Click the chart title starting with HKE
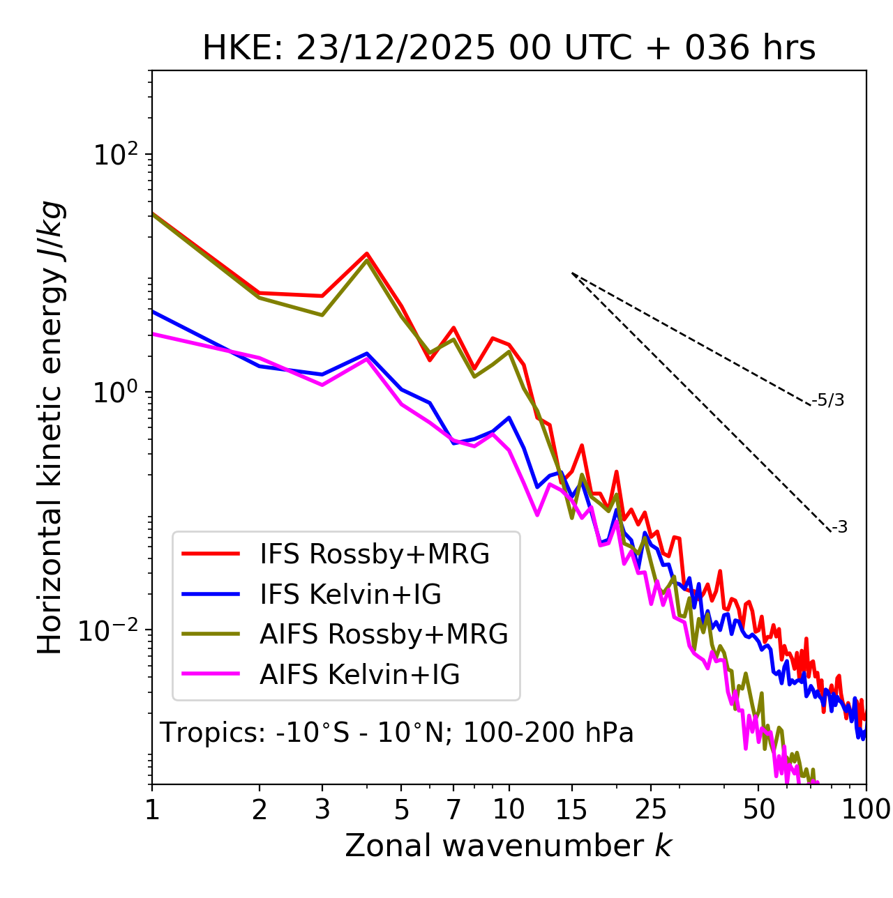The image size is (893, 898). [509, 49]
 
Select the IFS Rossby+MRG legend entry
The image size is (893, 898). [374, 554]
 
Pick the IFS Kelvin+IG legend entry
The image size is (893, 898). [350, 595]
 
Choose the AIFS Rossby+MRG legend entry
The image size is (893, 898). [384, 634]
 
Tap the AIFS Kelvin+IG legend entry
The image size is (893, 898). [359, 675]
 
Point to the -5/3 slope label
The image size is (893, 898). [828, 400]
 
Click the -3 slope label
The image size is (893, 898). [839, 528]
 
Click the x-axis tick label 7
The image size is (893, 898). [453, 810]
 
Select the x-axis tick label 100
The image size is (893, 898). [866, 810]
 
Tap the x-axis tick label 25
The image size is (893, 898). [651, 810]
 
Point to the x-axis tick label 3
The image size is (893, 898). [322, 810]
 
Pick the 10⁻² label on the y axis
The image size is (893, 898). [112, 630]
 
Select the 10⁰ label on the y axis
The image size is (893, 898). [114, 392]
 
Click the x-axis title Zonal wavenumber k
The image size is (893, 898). [509, 846]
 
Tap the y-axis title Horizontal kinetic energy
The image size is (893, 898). [50, 428]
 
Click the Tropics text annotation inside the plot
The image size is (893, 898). [397, 733]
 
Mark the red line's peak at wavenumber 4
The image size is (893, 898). [367, 254]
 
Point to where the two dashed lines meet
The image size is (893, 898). [572, 273]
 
